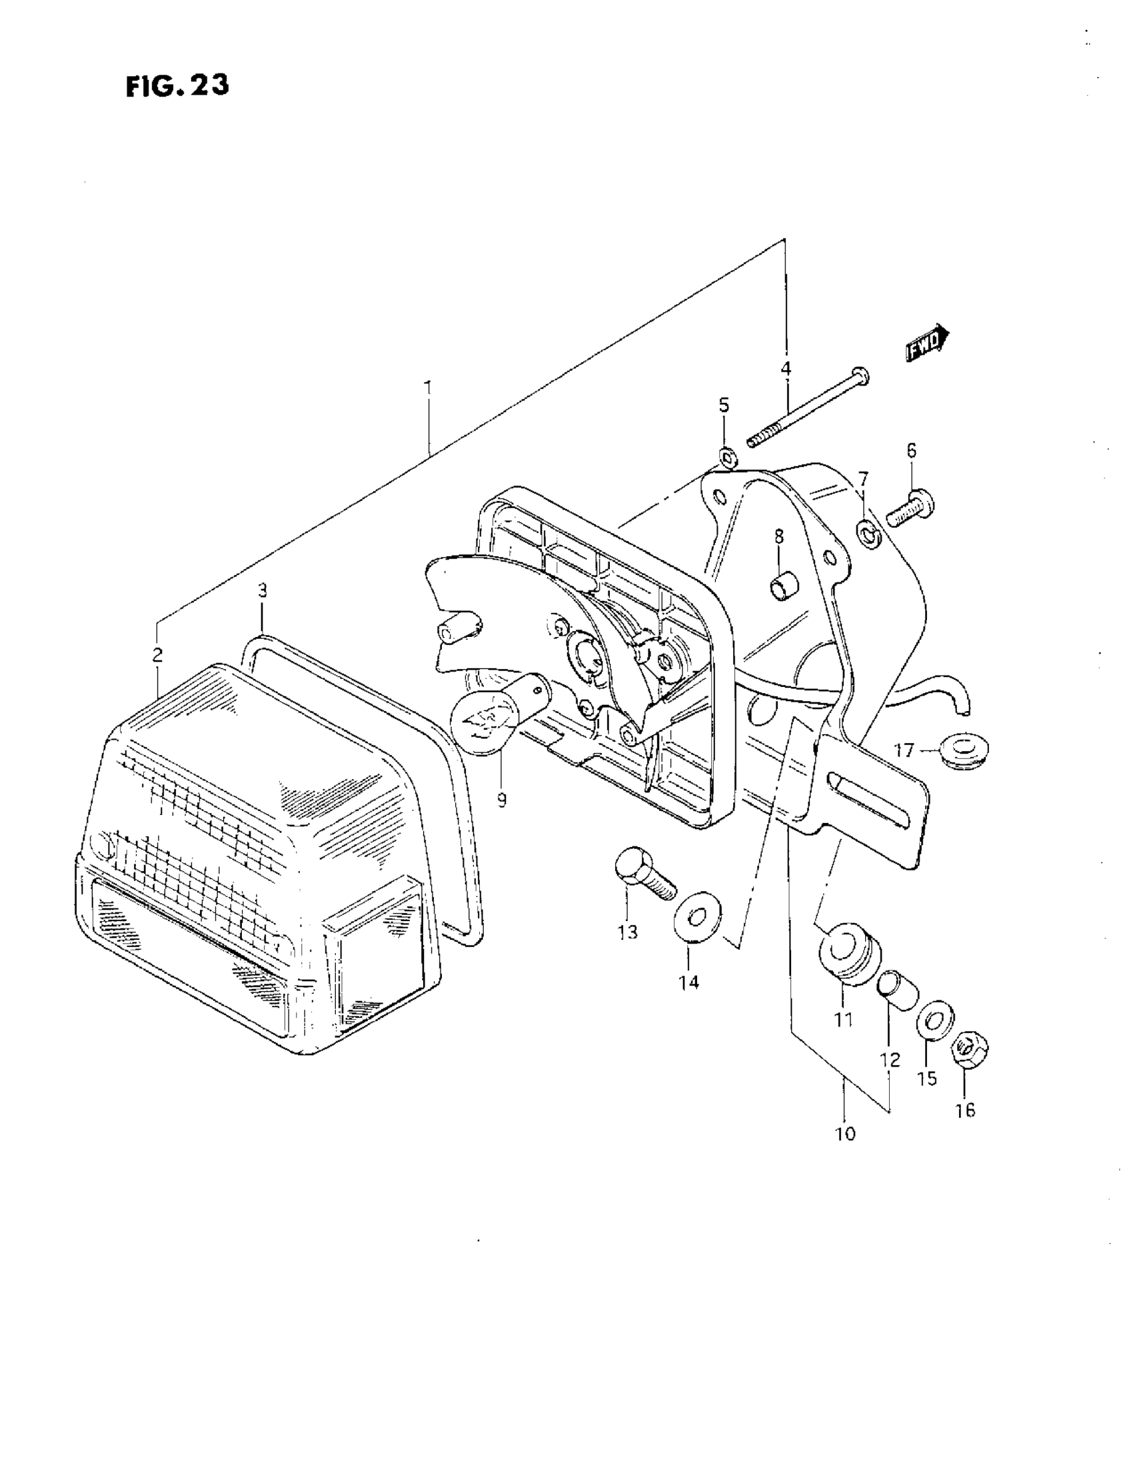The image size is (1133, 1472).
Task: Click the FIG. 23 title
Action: point(177,86)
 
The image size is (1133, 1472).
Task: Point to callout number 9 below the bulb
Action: point(502,800)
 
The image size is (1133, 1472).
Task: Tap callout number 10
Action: point(844,1135)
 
